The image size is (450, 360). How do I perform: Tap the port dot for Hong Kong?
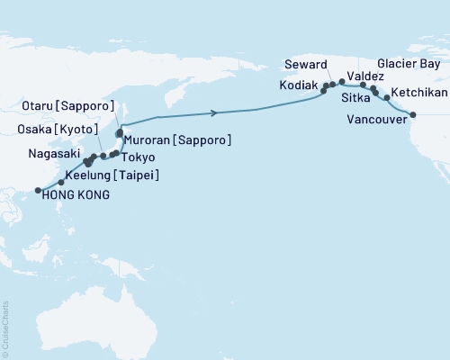pyautogui.click(x=37, y=190)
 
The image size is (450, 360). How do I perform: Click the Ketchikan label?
pyautogui.click(x=418, y=94)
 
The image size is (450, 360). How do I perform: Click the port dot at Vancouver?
pyautogui.click(x=412, y=114)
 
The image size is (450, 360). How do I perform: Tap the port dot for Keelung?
pyautogui.click(x=60, y=183)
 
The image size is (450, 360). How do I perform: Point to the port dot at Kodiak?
pyautogui.click(x=323, y=91)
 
